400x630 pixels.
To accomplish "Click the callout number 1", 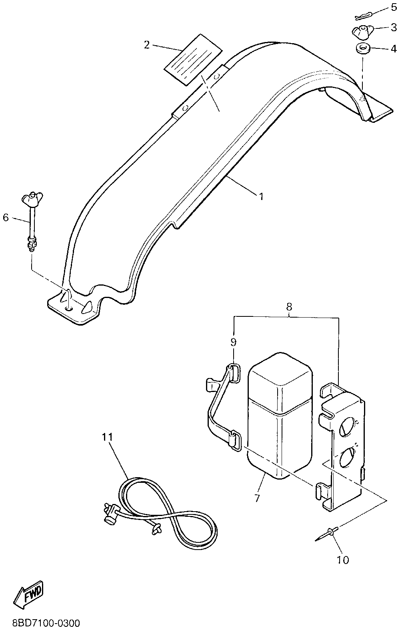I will point(261,196).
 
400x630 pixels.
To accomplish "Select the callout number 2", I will point(147,45).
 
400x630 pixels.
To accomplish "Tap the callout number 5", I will point(394,8).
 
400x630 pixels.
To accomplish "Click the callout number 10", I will point(343,559).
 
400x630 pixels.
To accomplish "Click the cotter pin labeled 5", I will point(364,16).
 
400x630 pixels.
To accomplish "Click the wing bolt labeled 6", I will point(30,220).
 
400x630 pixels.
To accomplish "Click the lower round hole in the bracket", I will point(346,458).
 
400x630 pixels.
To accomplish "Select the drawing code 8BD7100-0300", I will point(46,623).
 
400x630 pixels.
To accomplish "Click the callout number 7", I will point(256,498).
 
